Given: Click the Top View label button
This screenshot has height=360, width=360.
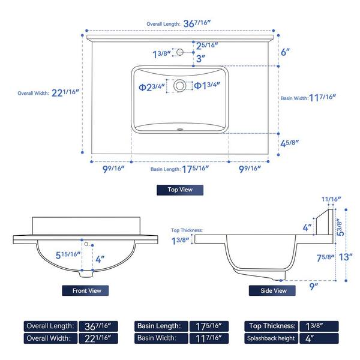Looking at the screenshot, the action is pyautogui.click(x=180, y=190).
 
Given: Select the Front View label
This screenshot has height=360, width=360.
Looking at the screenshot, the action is pyautogui.click(x=85, y=290).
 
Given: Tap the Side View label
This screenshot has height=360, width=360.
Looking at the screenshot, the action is pyautogui.click(x=272, y=290).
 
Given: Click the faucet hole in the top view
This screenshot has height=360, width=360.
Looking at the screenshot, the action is pyautogui.click(x=180, y=52).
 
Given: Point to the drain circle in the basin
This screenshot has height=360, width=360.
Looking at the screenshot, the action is pyautogui.click(x=179, y=86).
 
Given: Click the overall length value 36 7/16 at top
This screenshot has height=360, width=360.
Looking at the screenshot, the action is pyautogui.click(x=197, y=23).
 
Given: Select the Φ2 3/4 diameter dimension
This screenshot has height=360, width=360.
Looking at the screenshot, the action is pyautogui.click(x=152, y=87).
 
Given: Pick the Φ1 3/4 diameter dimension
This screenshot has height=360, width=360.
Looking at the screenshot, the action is pyautogui.click(x=207, y=85).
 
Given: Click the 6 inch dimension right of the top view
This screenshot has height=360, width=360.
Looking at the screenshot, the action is pyautogui.click(x=286, y=52).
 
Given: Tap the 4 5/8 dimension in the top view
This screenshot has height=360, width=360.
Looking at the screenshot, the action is pyautogui.click(x=290, y=143).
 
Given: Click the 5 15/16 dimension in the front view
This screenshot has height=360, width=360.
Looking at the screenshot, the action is pyautogui.click(x=68, y=255).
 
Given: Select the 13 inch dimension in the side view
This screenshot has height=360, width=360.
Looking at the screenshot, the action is pyautogui.click(x=346, y=257).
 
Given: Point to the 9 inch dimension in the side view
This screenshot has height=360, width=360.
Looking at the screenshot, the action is pyautogui.click(x=314, y=286).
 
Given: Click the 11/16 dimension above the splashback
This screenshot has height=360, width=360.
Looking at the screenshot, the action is pyautogui.click(x=331, y=199).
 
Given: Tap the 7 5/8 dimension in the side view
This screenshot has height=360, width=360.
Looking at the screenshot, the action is pyautogui.click(x=326, y=258).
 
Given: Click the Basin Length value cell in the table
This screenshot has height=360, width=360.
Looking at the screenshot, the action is pyautogui.click(x=209, y=326).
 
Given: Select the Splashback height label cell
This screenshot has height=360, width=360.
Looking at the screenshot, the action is pyautogui.click(x=271, y=338).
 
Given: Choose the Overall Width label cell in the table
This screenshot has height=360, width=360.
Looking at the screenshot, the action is pyautogui.click(x=50, y=338).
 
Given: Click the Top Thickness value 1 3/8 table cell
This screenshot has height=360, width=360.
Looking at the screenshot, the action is pyautogui.click(x=319, y=326).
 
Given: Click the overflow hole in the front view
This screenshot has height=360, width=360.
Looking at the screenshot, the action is pyautogui.click(x=86, y=244).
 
